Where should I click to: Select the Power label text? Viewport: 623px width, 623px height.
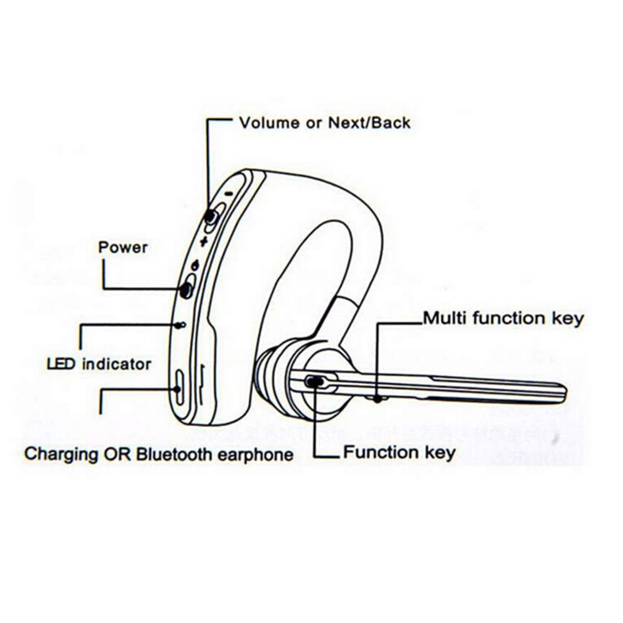pyautogui.click(x=123, y=247)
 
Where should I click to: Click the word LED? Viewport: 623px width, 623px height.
pyautogui.click(x=61, y=363)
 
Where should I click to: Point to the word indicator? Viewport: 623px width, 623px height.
pyautogui.click(x=116, y=363)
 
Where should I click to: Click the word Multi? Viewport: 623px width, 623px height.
pyautogui.click(x=445, y=319)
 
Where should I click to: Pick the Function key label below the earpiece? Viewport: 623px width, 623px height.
pyautogui.click(x=399, y=452)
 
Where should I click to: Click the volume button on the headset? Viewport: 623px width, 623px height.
pyautogui.click(x=212, y=217)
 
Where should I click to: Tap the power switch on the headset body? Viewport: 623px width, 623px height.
pyautogui.click(x=186, y=289)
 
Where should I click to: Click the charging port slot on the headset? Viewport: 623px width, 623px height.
pyautogui.click(x=179, y=389)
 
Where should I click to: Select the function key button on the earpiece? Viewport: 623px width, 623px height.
pyautogui.click(x=315, y=382)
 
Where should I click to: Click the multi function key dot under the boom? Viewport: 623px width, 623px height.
pyautogui.click(x=378, y=400)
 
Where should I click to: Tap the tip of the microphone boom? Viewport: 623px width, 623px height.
pyautogui.click(x=561, y=394)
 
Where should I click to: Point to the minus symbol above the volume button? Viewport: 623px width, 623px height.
pyautogui.click(x=229, y=193)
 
